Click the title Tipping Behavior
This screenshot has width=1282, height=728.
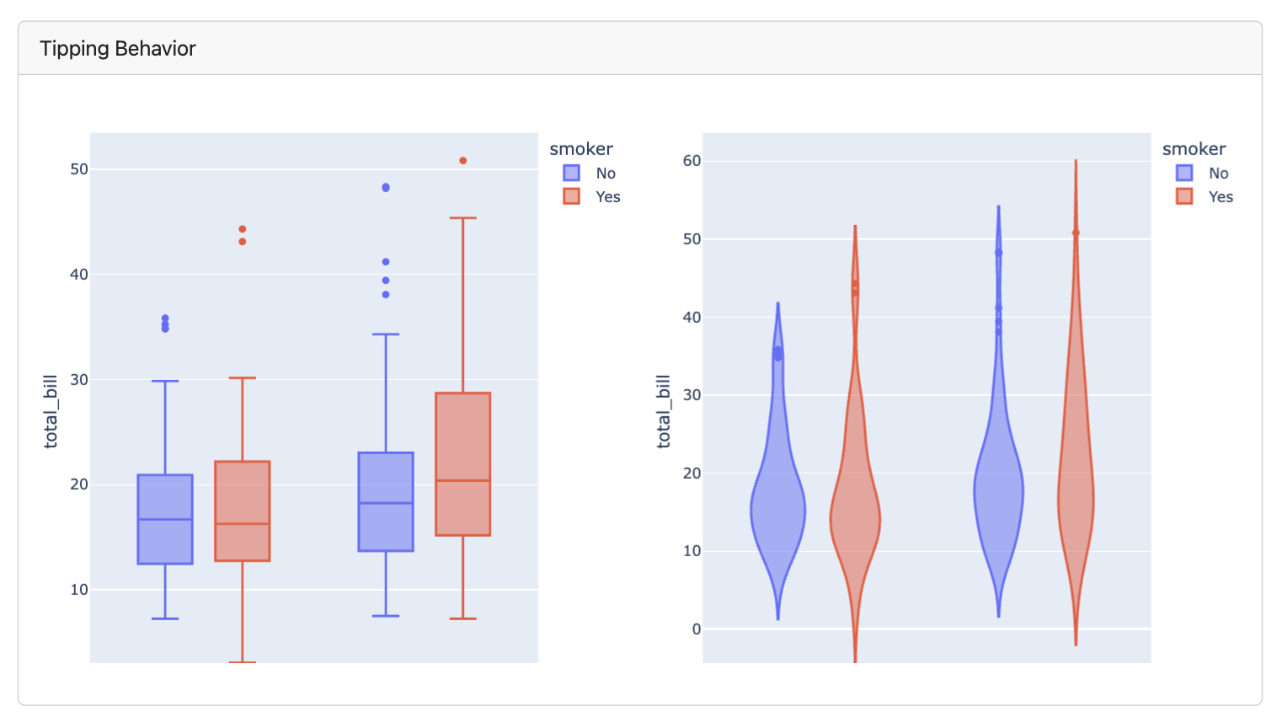117,49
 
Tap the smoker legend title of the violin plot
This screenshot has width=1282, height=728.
1194,149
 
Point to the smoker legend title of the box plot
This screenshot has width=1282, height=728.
581,149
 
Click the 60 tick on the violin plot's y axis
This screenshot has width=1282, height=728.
692,161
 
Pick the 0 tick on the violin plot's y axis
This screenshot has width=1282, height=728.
696,629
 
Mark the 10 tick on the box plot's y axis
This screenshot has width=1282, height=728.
79,590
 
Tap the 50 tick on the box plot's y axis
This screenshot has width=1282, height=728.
79,169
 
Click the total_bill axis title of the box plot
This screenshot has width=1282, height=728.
51,411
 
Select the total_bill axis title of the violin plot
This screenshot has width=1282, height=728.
664,411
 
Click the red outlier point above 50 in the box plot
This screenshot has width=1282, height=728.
463,161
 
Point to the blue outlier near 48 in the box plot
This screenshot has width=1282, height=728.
386,188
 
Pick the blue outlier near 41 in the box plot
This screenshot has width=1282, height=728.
386,262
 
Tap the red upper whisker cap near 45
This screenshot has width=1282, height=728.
463,218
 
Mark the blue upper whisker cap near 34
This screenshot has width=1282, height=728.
386,335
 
